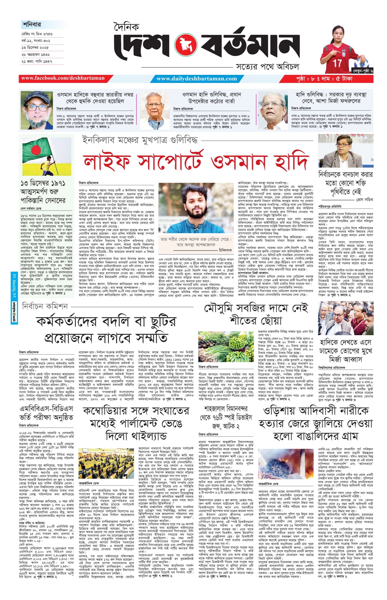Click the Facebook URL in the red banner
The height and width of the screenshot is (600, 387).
(63, 78)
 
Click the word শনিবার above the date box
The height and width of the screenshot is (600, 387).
(32, 25)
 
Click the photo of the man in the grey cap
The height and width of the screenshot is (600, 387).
(37, 110)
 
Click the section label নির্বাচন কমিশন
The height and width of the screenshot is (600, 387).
(45, 306)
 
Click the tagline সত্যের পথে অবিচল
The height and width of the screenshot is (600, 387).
(267, 67)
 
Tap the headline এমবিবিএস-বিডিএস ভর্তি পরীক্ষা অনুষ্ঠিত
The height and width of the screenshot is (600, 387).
(46, 413)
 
